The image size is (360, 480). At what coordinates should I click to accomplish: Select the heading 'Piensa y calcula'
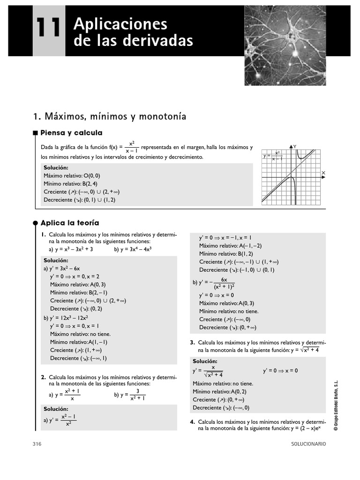tap(71, 133)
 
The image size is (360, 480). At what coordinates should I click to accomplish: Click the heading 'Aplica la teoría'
tap(70, 223)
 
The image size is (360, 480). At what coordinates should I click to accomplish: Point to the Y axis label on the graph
tap(296, 146)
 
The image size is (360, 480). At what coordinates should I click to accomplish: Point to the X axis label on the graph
tap(323, 173)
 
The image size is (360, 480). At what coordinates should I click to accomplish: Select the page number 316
tap(37, 443)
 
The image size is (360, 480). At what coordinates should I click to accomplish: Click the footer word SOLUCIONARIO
tap(308, 443)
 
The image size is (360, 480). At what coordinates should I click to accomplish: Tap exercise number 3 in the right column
tap(192, 343)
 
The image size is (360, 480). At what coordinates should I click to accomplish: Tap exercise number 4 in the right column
tap(192, 422)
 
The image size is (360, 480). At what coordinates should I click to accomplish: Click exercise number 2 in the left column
tap(43, 377)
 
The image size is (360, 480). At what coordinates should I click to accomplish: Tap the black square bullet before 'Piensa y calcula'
tap(35, 133)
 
